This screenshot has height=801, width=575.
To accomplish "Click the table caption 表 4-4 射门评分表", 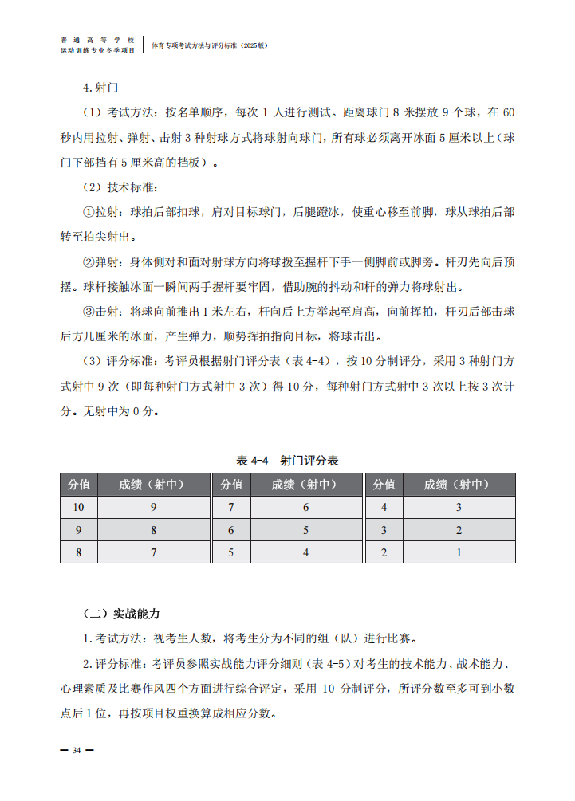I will pos(287,461).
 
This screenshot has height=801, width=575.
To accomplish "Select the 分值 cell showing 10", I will pos(78,507).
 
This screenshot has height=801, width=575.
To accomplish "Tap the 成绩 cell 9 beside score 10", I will pos(153,507).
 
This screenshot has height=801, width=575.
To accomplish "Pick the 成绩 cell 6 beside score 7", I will pos(305,507).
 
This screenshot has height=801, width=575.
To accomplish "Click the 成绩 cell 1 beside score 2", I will pos(459,552).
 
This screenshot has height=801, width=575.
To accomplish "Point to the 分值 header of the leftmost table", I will pos(78,484).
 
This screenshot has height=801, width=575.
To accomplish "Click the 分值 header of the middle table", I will pos(231,484).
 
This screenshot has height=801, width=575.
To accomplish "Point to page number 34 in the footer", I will pos(77,750).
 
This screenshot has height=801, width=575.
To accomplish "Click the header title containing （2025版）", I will pos(210,45).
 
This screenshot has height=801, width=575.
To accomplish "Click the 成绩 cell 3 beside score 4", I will pos(459,507).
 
